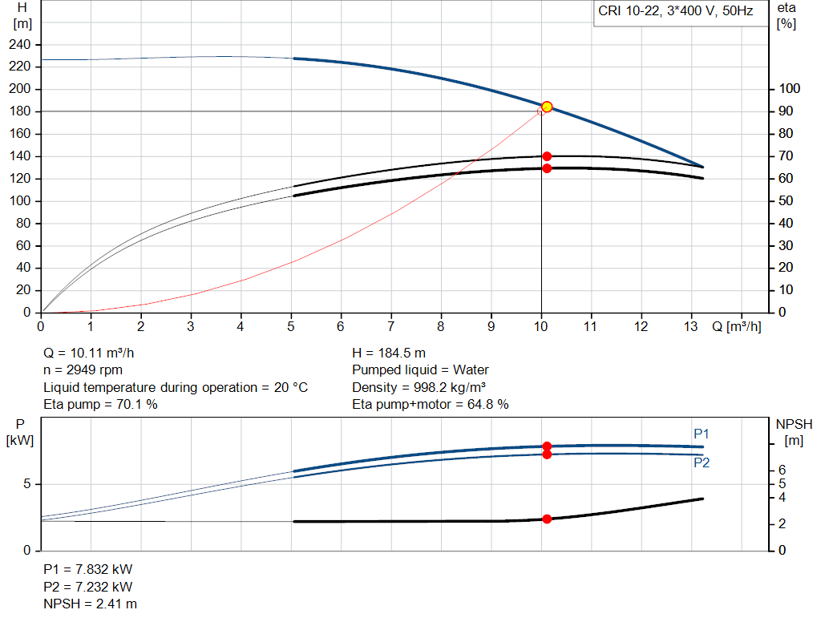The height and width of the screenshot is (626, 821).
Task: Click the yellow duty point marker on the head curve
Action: [547, 107]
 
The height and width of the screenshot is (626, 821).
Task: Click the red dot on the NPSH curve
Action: [547, 519]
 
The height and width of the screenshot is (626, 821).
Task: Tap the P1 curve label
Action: [702, 434]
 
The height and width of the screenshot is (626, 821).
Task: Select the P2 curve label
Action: [702, 462]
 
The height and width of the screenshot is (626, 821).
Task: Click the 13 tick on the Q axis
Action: [691, 326]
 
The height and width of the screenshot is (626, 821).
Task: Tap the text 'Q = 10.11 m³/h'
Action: [95, 353]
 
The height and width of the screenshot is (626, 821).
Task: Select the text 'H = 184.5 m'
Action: [389, 353]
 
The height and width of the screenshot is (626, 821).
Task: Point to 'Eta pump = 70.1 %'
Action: [100, 405]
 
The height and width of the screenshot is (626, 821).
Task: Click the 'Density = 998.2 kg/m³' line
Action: [419, 387]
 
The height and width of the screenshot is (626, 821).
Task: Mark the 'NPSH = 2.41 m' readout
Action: [90, 604]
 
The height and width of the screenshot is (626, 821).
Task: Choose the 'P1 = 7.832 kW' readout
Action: [88, 569]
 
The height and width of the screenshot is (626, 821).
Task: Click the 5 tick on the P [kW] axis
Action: [27, 484]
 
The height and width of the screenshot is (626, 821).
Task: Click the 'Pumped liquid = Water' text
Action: [420, 370]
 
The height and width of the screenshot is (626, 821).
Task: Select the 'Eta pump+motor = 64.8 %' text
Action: [431, 405]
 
